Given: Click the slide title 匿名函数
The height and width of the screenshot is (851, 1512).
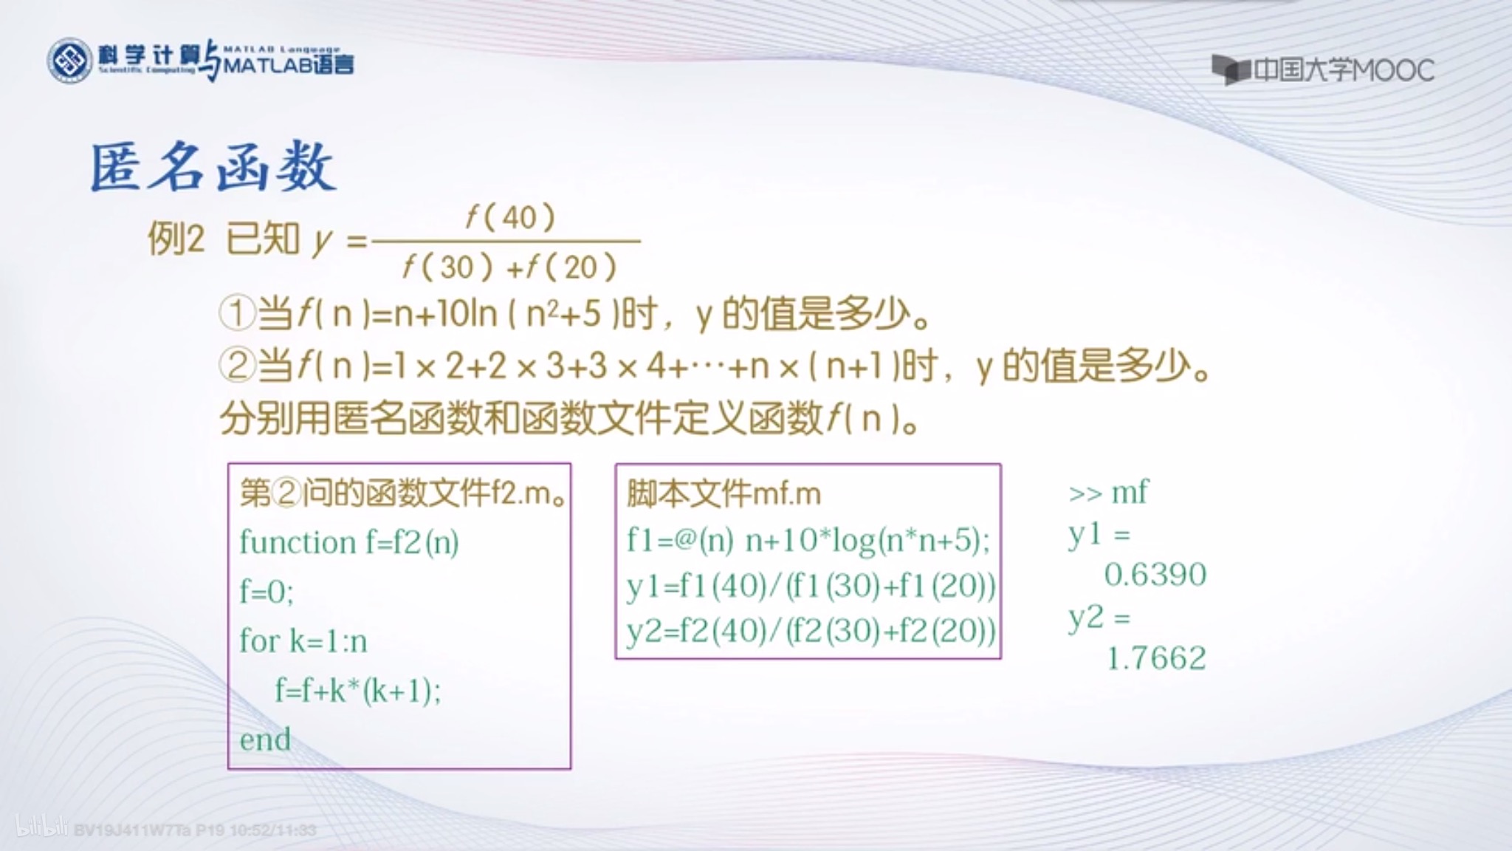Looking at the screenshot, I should point(213,167).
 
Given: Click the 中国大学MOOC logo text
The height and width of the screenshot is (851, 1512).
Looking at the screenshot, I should point(1343,70).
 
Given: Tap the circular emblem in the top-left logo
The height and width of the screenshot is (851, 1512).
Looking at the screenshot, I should point(70,61).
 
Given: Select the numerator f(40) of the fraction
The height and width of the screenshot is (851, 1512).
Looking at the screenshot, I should point(509,217).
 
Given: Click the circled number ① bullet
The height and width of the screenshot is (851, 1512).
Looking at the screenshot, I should point(237,313).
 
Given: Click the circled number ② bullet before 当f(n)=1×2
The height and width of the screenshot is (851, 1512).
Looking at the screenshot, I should point(237,366).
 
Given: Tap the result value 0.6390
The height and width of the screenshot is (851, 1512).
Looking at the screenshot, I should point(1155,575).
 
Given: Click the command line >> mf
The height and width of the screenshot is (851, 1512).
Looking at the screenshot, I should point(1108,493).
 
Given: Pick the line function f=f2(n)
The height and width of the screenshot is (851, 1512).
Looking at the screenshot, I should point(348,543).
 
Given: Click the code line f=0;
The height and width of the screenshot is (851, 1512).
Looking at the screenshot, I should point(267,592).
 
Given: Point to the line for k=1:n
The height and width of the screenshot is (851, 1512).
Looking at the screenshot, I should point(303,641).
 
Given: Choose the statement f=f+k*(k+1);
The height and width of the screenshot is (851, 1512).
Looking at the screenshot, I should point(358,691).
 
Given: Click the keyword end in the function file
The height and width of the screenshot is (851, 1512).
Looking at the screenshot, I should point(265,739).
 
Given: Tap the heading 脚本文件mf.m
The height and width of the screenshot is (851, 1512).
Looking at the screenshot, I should point(724,493).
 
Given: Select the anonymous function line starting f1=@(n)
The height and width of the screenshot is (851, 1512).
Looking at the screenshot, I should point(808,541).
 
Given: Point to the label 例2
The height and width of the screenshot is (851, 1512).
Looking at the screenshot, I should point(176,239).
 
